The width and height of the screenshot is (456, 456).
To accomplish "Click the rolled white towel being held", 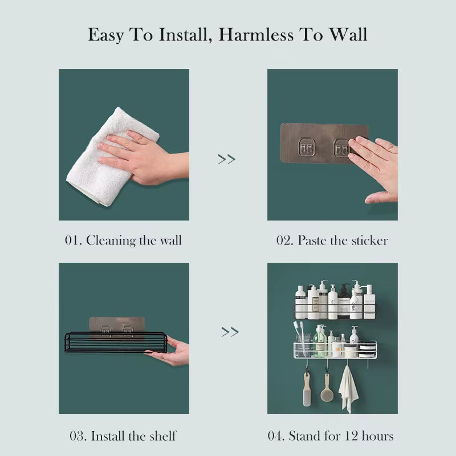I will [108, 157].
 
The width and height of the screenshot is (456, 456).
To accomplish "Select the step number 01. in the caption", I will [73, 240].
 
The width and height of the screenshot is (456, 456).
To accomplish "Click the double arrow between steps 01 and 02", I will [227, 159].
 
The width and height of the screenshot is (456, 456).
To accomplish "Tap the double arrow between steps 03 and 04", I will [230, 331].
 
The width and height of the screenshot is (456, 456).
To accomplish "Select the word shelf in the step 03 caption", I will [161, 436].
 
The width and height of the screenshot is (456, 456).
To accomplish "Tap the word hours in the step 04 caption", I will [376, 436].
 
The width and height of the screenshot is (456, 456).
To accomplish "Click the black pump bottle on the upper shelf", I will [344, 302].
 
